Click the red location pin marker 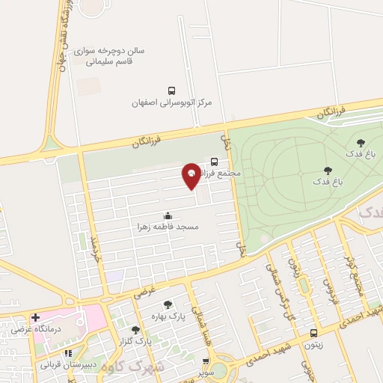191,175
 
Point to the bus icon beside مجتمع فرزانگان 215,161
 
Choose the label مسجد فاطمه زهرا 167,225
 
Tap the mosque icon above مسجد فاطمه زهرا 167,214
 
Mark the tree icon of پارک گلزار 135,330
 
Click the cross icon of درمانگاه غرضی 35,317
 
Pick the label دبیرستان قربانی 68,364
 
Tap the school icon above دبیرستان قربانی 68,352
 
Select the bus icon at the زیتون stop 313,334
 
